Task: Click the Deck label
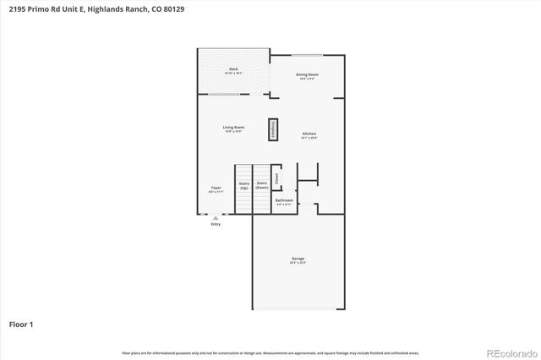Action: (233, 69)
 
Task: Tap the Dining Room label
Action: (307, 75)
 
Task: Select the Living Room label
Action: (233, 128)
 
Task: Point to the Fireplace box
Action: (274, 129)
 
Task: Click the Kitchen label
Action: (310, 134)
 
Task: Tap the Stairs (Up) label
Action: (243, 184)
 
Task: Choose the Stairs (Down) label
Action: (263, 184)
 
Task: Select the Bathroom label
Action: (284, 200)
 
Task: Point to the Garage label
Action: (298, 259)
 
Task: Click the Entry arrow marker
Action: (215, 217)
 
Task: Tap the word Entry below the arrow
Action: (216, 224)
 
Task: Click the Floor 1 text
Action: (21, 324)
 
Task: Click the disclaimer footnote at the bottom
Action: (270, 352)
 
